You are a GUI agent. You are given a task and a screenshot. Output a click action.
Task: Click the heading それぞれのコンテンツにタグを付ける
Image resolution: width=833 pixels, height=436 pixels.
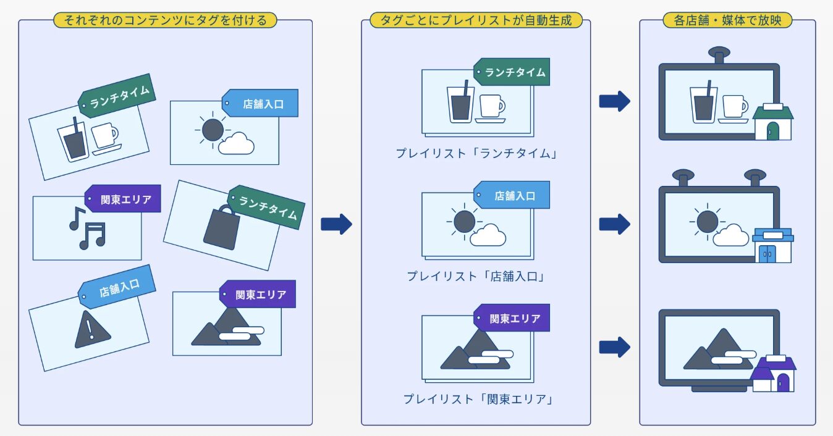point(165,20)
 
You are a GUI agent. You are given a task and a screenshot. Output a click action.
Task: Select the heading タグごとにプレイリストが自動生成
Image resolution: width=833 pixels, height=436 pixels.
point(476,20)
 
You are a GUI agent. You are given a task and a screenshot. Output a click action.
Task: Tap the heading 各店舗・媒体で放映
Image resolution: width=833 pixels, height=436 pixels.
point(727,20)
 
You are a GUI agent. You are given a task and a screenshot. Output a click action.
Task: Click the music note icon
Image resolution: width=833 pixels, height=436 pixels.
point(88,227)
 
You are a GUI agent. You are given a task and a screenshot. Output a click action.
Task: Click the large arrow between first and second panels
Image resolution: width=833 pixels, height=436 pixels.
point(336,224)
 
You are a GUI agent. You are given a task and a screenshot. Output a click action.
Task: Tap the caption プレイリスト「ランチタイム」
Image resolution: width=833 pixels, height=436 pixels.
point(476,153)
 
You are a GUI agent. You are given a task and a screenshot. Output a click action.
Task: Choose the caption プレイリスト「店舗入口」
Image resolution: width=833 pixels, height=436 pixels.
point(476,276)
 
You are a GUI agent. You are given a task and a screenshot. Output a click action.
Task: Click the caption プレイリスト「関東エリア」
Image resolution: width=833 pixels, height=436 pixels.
point(477,399)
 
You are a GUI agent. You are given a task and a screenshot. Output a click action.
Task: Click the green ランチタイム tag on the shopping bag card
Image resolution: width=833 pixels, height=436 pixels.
point(266,206)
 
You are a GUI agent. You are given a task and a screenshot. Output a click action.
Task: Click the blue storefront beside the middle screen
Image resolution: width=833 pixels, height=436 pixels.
point(772,245)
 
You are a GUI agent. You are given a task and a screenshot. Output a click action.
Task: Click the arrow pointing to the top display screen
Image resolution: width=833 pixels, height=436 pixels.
point(614,101)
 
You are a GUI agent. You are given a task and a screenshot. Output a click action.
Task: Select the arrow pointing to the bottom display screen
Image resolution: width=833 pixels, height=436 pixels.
point(614,346)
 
